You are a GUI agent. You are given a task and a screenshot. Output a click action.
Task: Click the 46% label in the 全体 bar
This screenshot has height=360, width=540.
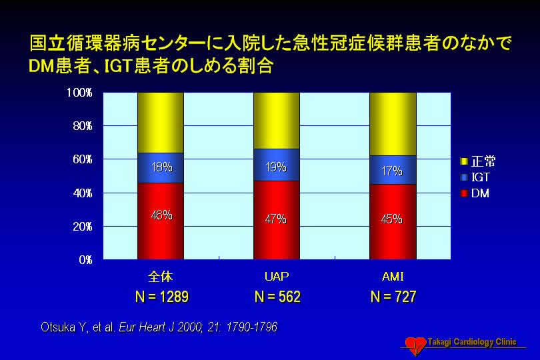click(x=161, y=215)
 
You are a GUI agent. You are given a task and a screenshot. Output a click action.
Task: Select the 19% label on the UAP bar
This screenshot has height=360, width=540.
click(x=276, y=167)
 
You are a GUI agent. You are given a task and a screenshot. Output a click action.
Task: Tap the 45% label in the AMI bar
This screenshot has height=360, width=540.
click(x=392, y=219)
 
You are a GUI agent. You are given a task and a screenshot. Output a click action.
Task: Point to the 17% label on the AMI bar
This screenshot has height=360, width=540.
click(x=392, y=171)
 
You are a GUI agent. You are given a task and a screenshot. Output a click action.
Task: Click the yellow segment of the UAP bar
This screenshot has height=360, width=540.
click(x=277, y=121)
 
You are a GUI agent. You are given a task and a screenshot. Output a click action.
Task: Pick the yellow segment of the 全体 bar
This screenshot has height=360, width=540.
click(x=161, y=123)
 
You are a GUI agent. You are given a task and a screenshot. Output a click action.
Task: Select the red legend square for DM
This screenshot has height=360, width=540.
click(x=464, y=193)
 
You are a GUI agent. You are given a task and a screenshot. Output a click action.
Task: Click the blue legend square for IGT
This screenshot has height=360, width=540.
click(x=464, y=177)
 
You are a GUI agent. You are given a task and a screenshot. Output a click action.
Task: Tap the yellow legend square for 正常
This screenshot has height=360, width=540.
click(x=464, y=161)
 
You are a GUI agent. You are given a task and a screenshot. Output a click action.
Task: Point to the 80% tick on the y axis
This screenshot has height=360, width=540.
click(x=83, y=126)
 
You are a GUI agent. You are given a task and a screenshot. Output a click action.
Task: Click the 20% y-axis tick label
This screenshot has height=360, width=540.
click(x=83, y=227)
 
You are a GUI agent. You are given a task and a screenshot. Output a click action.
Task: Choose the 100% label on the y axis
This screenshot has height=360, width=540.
click(x=79, y=92)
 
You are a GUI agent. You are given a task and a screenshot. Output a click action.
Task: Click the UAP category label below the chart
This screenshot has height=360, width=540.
click(x=277, y=277)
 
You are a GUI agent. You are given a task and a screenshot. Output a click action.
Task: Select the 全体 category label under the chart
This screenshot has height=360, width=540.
click(x=161, y=277)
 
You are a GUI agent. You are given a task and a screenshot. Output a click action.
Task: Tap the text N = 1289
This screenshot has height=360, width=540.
click(x=162, y=297)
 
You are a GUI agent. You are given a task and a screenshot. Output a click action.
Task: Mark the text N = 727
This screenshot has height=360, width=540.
click(x=393, y=297)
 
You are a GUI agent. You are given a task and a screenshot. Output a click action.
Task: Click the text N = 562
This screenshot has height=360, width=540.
click(x=277, y=297)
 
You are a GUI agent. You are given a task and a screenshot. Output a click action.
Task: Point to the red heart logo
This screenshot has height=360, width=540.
click(x=416, y=345)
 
